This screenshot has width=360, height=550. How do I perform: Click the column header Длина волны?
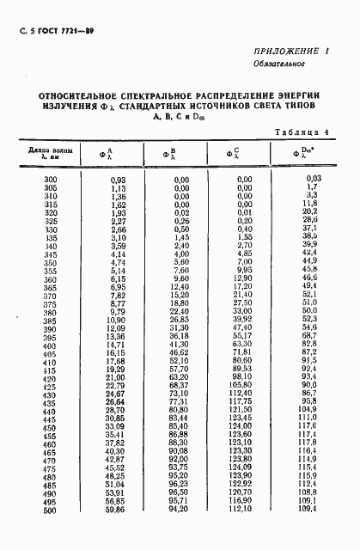49,150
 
